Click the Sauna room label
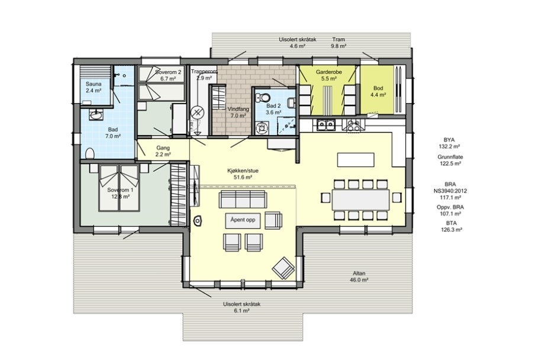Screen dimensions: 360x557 [x=93, y=88]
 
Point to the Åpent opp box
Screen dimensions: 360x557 [x=243, y=219]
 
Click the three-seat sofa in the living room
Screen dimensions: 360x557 [x=241, y=198]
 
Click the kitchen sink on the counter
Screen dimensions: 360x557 [x=326, y=124]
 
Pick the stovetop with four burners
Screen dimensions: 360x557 [x=354, y=124]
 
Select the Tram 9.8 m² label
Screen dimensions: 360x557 [x=339, y=43]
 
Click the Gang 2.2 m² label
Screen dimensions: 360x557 [x=164, y=151]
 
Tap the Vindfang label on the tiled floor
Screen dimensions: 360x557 [x=237, y=112]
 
